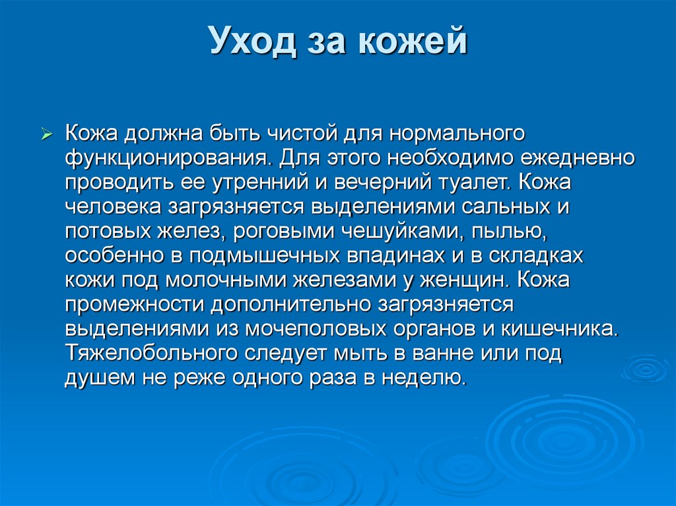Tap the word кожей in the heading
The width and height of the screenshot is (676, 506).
coord(414,42)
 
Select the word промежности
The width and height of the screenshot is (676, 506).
coord(135,304)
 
